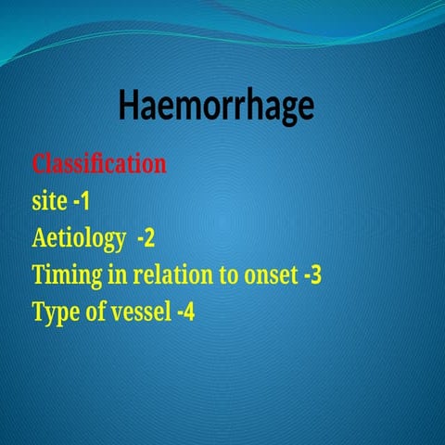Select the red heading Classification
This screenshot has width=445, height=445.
tap(99, 164)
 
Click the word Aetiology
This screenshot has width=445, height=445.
tap(79, 239)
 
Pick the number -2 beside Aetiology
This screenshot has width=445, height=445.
tap(146, 239)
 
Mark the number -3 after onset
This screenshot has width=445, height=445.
tap(311, 275)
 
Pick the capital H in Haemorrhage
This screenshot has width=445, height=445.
tap(129, 106)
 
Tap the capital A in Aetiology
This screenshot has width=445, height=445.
tap(39, 239)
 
